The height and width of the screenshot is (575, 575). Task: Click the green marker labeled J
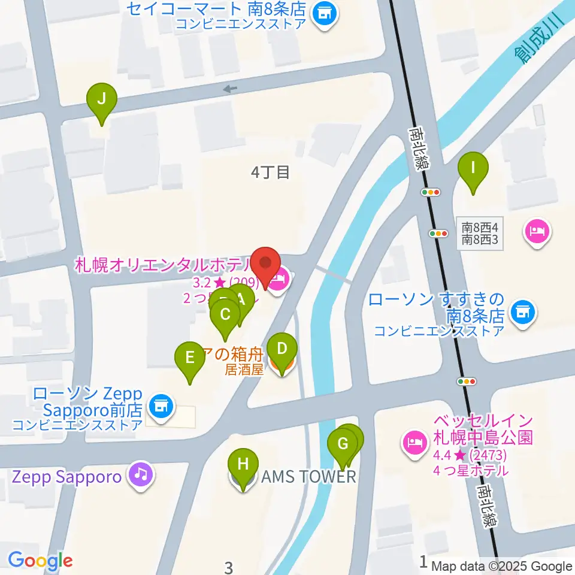coord(102,99)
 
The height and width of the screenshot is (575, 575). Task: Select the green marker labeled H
coord(243,465)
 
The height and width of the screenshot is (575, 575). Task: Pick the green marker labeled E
coord(190,359)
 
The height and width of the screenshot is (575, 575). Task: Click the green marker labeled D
coord(282,349)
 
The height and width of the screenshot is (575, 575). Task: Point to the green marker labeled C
coord(226,315)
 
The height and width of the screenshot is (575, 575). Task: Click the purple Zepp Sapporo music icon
coord(141,476)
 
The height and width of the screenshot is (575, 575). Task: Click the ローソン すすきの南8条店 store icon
coord(523,311)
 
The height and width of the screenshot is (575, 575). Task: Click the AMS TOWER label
coord(309,477)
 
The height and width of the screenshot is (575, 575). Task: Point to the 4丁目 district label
coord(271,173)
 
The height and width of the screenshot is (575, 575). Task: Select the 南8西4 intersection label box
coord(480,234)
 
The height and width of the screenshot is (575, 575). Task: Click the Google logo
coord(40,561)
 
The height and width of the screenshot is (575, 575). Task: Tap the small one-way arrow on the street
coord(230,89)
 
